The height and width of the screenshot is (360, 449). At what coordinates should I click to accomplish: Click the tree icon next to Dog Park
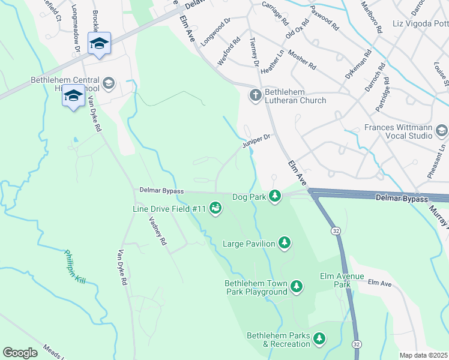coord(275,196)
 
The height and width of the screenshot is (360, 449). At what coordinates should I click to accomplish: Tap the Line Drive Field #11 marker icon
coord(216,208)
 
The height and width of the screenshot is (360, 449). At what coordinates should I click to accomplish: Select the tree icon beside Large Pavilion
coord(285,243)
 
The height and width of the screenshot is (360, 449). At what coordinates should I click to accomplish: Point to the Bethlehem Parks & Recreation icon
coord(320,339)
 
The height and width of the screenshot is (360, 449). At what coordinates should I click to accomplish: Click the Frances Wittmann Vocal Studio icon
coord(442,130)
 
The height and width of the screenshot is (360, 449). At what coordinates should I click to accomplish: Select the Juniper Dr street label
coord(258,140)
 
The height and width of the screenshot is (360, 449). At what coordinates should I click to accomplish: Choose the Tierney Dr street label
coord(254,51)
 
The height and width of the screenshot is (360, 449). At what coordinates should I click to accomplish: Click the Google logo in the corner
coord(20,352)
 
